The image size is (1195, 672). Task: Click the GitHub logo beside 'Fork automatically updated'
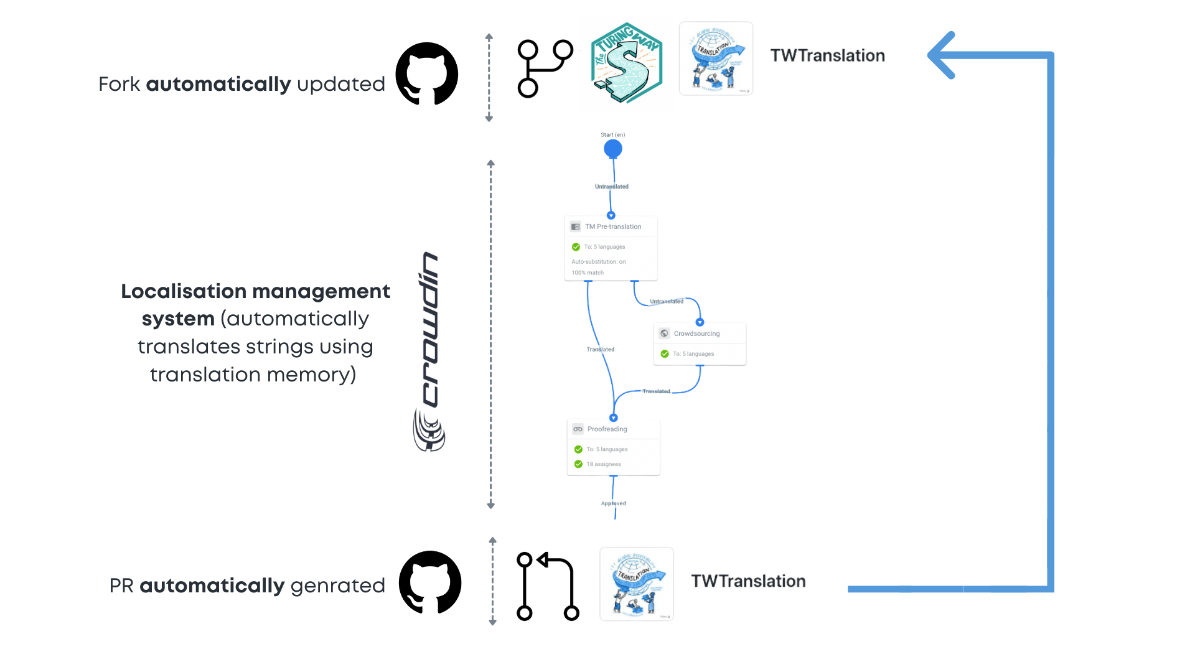(427, 73)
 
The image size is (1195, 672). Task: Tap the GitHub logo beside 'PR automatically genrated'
(430, 582)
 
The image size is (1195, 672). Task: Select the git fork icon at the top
(545, 68)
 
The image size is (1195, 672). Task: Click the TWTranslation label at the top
(827, 55)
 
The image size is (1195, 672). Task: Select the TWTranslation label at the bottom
(748, 581)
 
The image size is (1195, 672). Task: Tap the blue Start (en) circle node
(613, 149)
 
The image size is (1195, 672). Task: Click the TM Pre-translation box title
(612, 226)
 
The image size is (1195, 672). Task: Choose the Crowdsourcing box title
(696, 334)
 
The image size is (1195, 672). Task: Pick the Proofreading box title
(607, 429)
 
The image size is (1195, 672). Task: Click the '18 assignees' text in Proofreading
(603, 464)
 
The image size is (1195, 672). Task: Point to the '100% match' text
(588, 273)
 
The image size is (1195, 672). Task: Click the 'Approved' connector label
(614, 503)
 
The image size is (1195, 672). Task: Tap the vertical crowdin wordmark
(430, 330)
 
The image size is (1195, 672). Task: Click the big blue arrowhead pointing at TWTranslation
(942, 55)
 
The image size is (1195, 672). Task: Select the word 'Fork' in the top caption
(119, 84)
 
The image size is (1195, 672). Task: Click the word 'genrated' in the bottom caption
(337, 586)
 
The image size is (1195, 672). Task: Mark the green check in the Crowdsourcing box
(665, 354)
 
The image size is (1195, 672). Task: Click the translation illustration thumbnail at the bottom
(637, 584)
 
